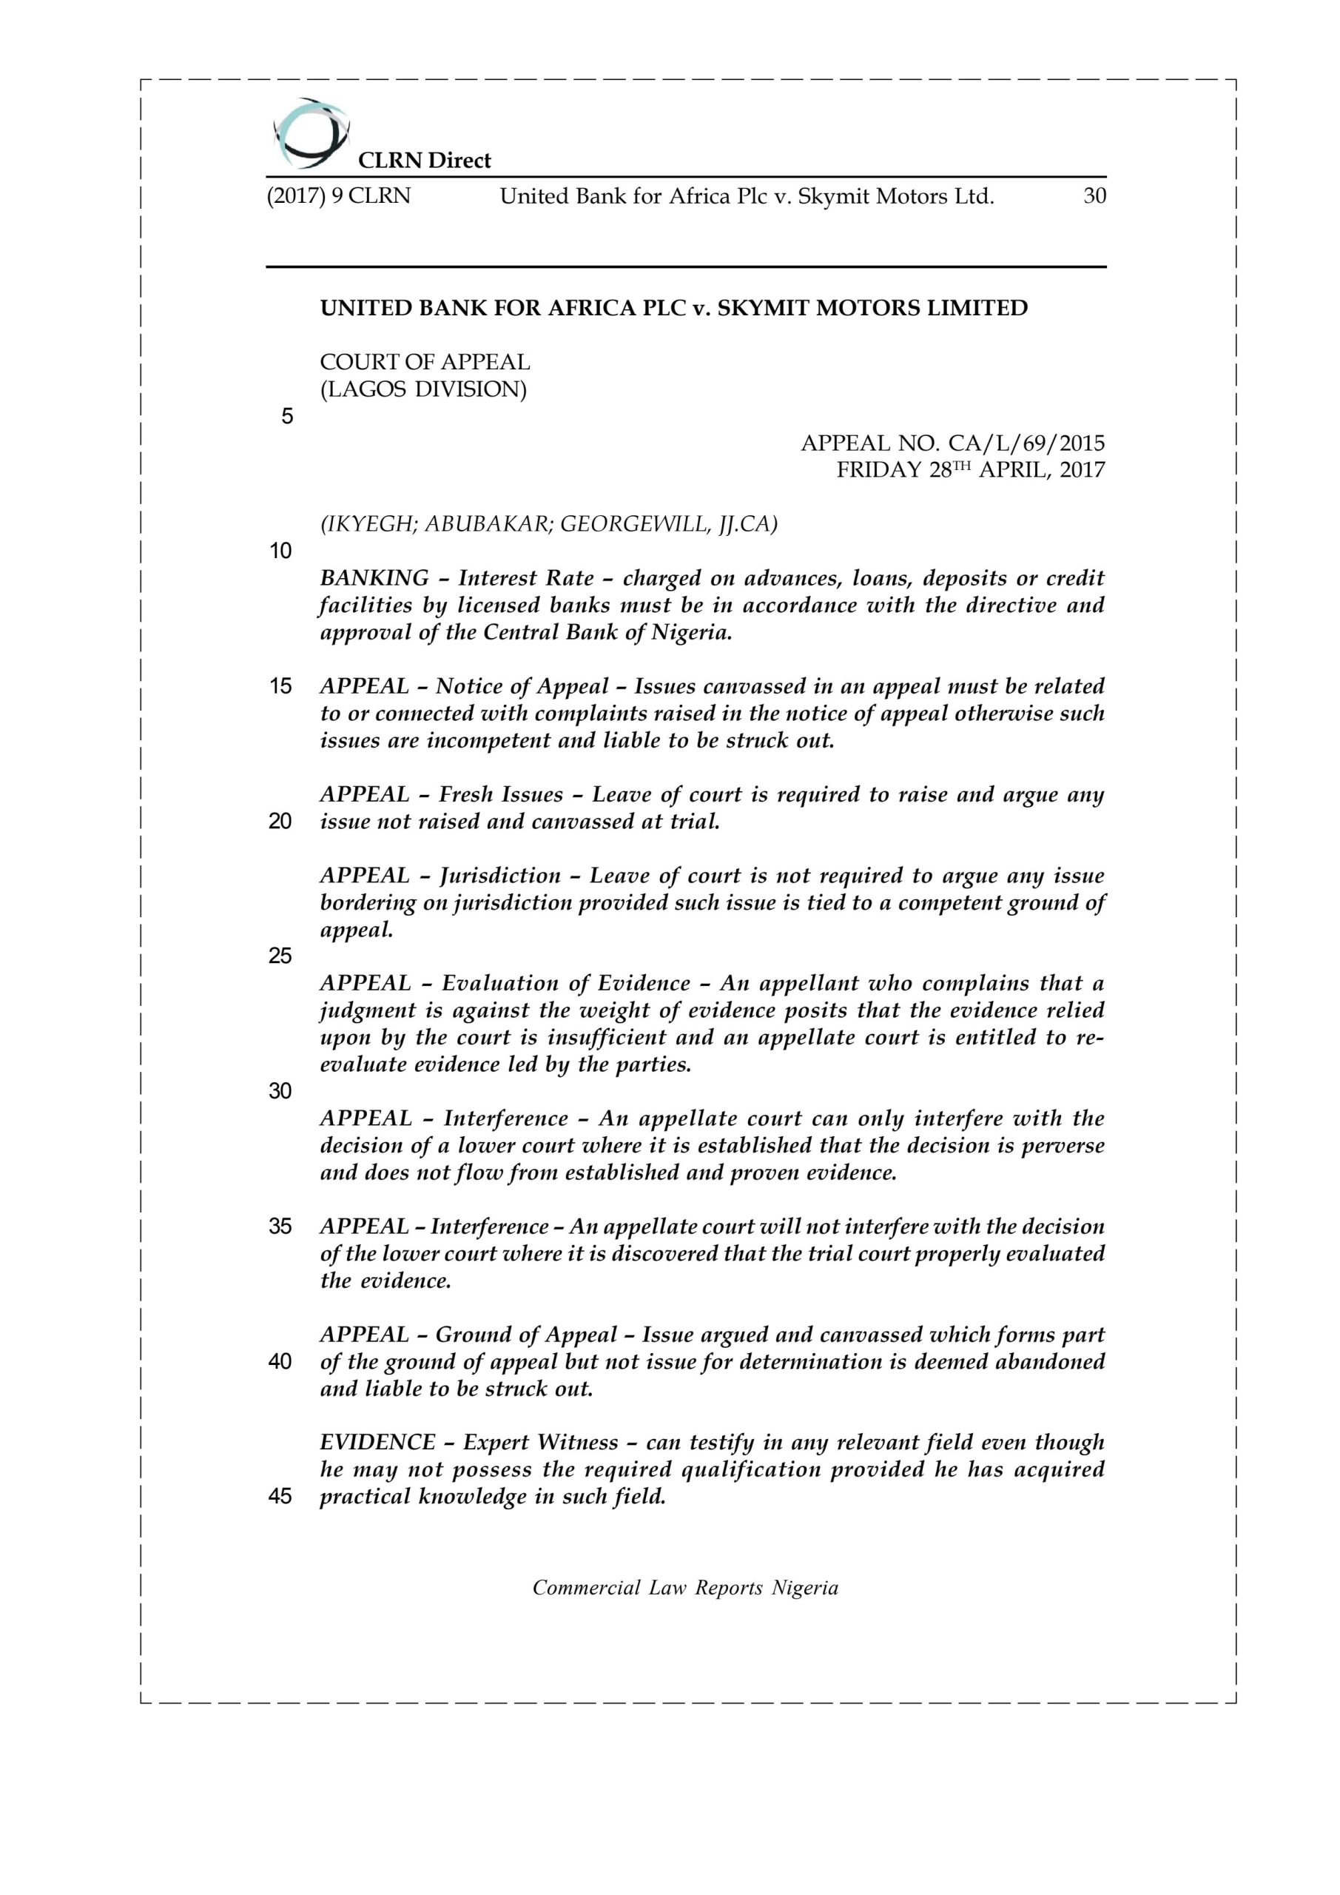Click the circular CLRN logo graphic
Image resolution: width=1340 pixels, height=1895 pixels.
tap(309, 132)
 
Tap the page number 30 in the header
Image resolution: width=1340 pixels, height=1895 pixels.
tap(1094, 196)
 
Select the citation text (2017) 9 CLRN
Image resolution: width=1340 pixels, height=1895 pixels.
tap(338, 196)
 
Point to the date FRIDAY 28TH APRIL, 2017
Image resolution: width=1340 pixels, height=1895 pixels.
tap(970, 471)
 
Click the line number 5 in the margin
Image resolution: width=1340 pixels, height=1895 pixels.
tap(287, 417)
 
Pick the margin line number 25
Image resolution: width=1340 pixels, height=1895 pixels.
tap(280, 956)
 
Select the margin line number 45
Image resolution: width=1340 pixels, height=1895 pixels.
tap(280, 1496)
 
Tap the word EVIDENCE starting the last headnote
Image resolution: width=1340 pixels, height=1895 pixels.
tap(377, 1442)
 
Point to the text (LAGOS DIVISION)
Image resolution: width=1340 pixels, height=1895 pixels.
tap(423, 389)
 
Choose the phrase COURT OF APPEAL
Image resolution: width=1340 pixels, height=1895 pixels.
tap(425, 362)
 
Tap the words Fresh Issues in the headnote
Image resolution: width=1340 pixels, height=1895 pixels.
tap(500, 794)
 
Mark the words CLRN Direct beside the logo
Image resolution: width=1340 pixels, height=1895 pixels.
tap(424, 160)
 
